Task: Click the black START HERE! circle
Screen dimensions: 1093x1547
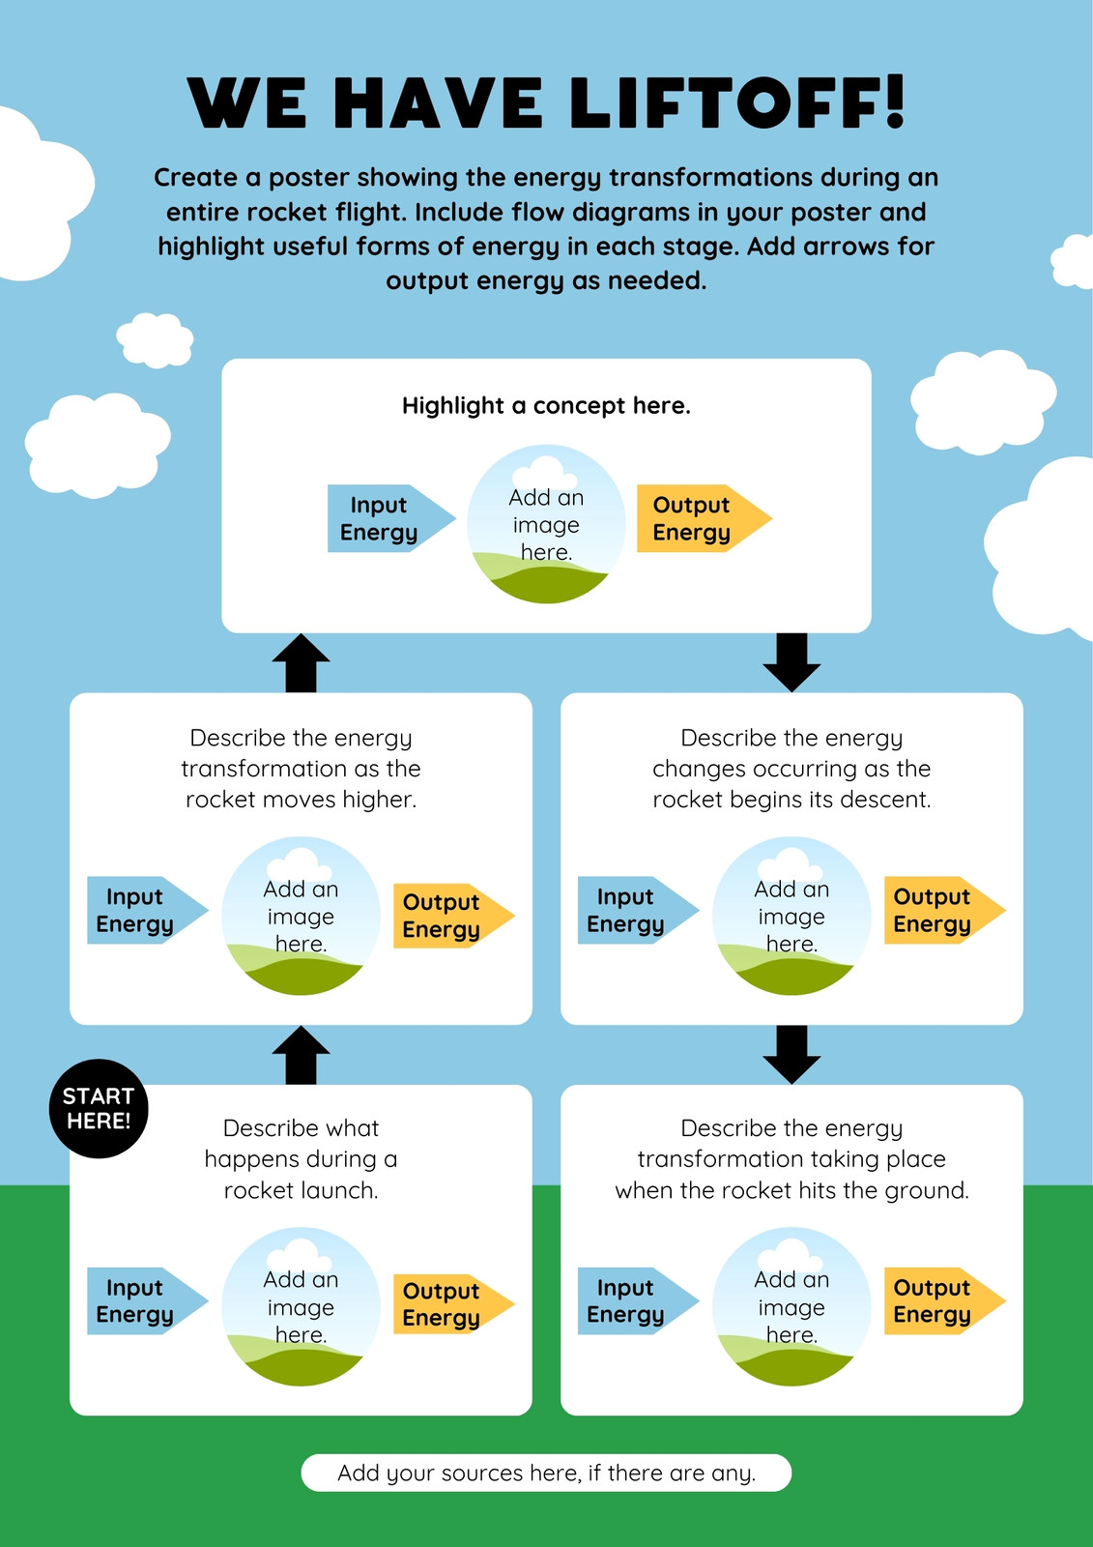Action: point(99,1108)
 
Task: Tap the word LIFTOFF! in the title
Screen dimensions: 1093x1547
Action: point(736,102)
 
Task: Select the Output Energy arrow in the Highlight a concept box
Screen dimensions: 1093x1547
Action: point(704,518)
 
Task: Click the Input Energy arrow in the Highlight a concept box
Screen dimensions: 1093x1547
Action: point(390,518)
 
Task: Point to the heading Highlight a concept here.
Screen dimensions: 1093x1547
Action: point(546,405)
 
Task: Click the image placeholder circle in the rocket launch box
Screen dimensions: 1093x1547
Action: point(302,1306)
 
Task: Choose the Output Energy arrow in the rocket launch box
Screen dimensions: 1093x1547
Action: point(453,1304)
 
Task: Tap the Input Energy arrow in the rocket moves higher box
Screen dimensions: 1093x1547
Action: point(147,910)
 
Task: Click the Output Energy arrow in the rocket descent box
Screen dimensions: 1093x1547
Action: point(944,910)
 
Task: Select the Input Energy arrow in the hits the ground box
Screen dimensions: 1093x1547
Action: point(638,1301)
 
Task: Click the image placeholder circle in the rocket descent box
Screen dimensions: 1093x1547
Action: point(791,916)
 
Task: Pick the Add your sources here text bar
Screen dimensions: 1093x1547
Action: point(546,1474)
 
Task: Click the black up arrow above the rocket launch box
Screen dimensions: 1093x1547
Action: point(302,1054)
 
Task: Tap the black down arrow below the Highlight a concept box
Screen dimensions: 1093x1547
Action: point(791,662)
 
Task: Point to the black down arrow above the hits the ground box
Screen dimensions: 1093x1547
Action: point(791,1055)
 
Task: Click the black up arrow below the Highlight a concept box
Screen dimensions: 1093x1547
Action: point(302,663)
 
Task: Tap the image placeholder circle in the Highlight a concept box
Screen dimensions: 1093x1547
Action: point(546,523)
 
